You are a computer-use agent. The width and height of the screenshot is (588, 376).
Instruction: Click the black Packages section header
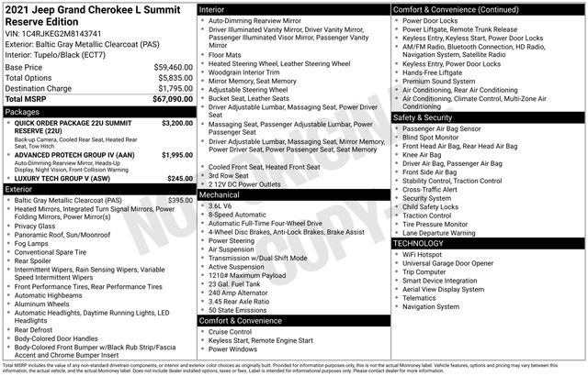(97, 111)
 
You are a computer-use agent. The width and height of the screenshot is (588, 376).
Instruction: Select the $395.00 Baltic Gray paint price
(179, 200)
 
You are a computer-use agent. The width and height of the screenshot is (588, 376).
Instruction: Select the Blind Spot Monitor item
(437, 138)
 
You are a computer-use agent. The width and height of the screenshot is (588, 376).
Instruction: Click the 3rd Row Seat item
(232, 175)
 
